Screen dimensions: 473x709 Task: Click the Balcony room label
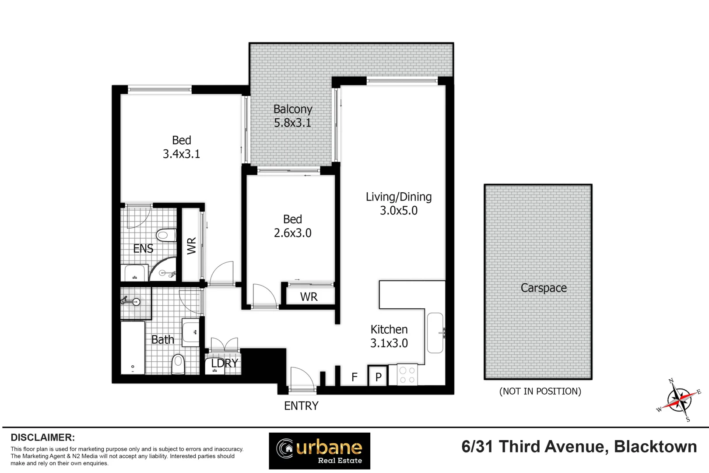pos(293,109)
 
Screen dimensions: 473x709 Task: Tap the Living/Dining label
pos(398,197)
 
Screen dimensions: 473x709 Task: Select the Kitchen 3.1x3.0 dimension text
pos(389,343)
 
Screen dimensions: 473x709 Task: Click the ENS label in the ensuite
pos(143,249)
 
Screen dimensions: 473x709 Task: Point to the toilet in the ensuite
pos(166,236)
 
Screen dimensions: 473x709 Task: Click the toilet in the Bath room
pos(178,364)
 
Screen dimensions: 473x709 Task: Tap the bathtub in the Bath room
pos(133,348)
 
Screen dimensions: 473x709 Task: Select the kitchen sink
pos(435,333)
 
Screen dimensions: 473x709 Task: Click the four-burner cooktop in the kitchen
pos(407,375)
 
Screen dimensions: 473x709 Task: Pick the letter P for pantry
pos(378,377)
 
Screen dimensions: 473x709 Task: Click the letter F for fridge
pos(354,377)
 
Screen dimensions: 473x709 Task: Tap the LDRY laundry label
pos(225,363)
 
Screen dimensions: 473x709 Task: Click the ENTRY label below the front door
pos(301,406)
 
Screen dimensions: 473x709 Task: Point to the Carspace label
pos(544,288)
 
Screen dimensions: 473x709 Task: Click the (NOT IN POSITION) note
pos(540,391)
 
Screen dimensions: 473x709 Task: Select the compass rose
pos(679,399)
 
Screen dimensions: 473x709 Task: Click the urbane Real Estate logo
pos(319,451)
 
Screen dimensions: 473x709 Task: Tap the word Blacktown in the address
pos(655,447)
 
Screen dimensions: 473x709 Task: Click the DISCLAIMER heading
pos(42,438)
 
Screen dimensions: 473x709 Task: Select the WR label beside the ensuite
pos(192,246)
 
